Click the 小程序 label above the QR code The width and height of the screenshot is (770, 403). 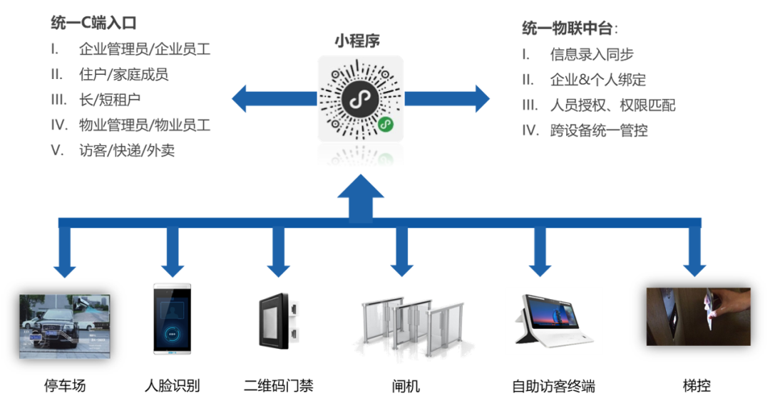pyautogui.click(x=358, y=41)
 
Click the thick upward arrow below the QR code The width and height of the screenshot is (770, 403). pyautogui.click(x=360, y=199)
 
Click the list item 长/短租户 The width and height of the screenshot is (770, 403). pyautogui.click(x=114, y=100)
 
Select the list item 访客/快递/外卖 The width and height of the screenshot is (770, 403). pyautogui.click(x=127, y=151)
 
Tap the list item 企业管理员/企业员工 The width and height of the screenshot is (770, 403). pyautogui.click(x=144, y=49)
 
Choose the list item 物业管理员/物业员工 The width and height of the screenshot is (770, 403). pyautogui.click(x=144, y=125)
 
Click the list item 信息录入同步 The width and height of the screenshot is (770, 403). pyautogui.click(x=592, y=54)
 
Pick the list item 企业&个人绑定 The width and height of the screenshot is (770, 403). pyautogui.click(x=597, y=80)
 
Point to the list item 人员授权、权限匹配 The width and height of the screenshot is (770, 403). pyautogui.click(x=612, y=105)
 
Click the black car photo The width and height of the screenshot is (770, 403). pyautogui.click(x=65, y=326)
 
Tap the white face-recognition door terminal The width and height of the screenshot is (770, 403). pyautogui.click(x=172, y=318)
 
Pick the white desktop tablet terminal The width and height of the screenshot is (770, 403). pyautogui.click(x=553, y=320)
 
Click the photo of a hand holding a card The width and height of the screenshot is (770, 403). pyautogui.click(x=698, y=316)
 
